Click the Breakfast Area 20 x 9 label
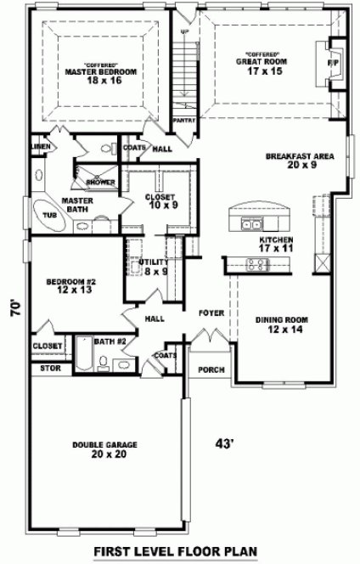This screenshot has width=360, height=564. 298,161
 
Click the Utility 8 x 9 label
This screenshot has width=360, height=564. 153,267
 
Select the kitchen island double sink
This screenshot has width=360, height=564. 250,223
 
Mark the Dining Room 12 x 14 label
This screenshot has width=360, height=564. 280,324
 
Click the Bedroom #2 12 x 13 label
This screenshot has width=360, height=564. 70,285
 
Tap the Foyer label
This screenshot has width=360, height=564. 211,313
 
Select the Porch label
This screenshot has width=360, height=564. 211,370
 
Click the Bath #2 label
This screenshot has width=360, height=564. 110,341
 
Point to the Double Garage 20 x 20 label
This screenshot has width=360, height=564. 105,449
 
